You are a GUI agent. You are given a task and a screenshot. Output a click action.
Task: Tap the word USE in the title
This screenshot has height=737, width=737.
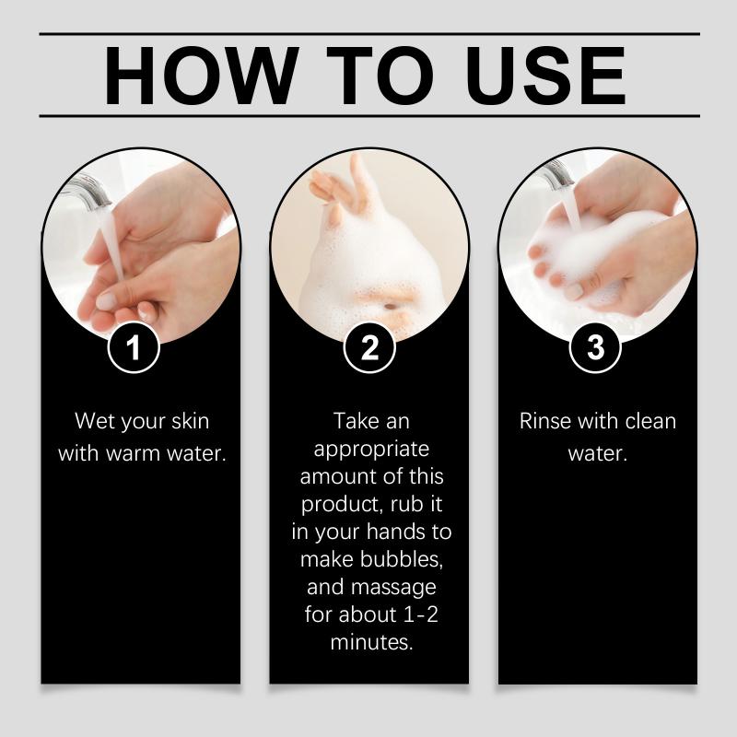tap(545, 76)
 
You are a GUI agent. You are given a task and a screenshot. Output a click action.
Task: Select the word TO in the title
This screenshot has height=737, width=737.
tap(380, 76)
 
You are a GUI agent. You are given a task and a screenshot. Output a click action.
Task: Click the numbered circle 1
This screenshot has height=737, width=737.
tap(134, 347)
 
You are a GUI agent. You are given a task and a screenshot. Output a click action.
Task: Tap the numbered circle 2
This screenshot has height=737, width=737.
tap(369, 347)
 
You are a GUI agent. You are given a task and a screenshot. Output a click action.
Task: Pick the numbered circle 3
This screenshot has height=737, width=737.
tap(595, 347)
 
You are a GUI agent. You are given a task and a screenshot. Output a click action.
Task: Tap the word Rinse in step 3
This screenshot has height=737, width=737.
tap(545, 421)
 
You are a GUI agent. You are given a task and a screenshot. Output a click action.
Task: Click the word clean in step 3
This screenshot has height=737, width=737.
tap(650, 421)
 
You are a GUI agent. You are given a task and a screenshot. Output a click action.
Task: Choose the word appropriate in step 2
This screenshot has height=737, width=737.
tap(371, 450)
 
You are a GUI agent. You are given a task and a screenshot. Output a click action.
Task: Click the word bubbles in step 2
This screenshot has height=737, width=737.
tap(401, 559)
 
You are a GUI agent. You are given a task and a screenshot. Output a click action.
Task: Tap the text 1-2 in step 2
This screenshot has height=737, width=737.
tap(421, 614)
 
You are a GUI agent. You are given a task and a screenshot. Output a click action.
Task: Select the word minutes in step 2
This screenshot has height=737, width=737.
tap(371, 642)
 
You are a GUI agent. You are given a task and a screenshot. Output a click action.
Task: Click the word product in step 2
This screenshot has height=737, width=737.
tap(343, 505)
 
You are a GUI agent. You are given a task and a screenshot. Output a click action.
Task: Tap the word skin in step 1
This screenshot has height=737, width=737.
tap(191, 421)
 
